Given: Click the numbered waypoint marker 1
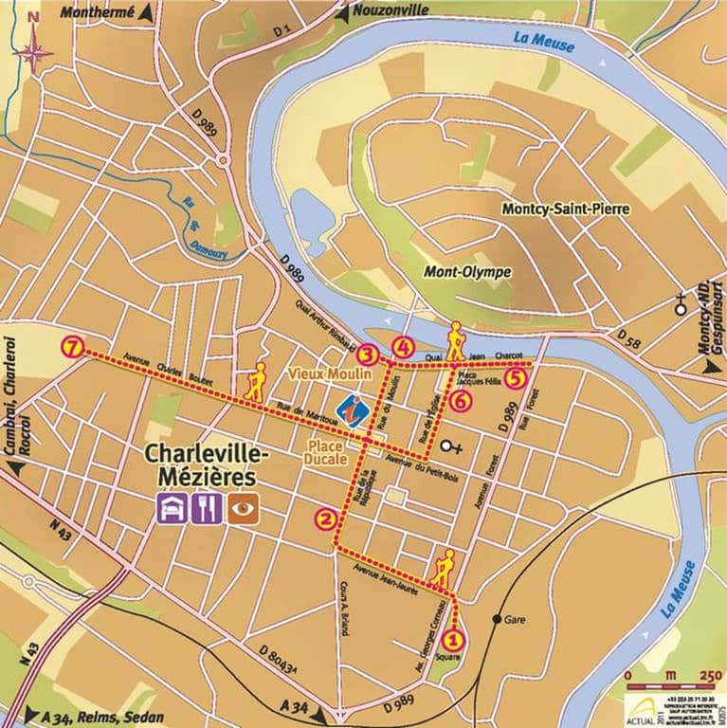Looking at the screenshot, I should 453,639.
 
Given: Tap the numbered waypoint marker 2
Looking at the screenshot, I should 326,519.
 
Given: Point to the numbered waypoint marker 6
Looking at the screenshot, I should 461,401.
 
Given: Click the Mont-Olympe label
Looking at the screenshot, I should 467,272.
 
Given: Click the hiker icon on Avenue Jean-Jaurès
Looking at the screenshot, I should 443,566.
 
